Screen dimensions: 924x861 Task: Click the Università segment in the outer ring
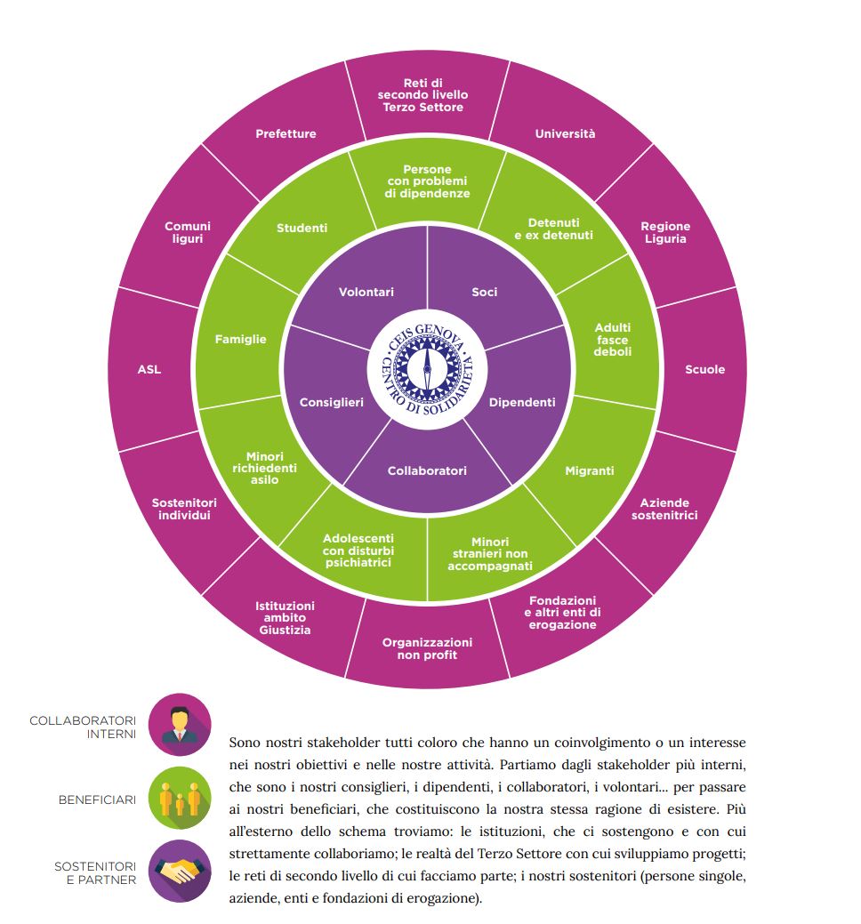[x=565, y=133]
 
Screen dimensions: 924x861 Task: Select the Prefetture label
[x=286, y=133]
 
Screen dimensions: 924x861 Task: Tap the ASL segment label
[x=149, y=369]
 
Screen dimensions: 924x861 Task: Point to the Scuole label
[x=704, y=369]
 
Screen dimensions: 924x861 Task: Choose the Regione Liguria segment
[x=664, y=232]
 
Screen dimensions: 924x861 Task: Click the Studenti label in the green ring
[x=302, y=228]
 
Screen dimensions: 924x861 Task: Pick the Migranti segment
[x=590, y=470]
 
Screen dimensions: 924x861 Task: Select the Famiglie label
[x=240, y=339]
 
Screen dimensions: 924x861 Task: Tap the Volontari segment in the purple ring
[x=366, y=292]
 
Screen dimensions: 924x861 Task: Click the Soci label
[x=485, y=292]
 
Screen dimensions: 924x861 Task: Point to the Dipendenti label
[x=522, y=402]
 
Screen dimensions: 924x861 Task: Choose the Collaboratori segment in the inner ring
[x=427, y=470]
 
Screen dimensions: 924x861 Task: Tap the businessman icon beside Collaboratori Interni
[x=180, y=725]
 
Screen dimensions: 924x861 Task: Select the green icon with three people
[x=180, y=799]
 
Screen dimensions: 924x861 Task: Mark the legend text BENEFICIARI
[x=97, y=799]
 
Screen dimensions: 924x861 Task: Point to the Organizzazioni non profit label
[x=427, y=648]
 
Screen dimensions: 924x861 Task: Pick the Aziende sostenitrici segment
[x=665, y=509]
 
